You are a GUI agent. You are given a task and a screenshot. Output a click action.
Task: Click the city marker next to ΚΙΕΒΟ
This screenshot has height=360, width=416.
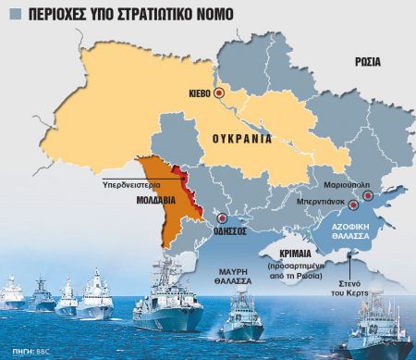[x=219, y=93]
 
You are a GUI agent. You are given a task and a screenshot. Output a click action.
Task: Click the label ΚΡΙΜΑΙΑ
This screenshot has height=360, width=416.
[x=281, y=252]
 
